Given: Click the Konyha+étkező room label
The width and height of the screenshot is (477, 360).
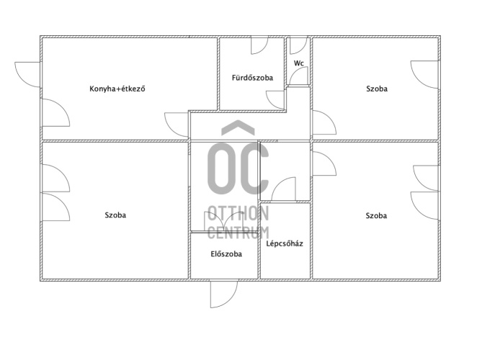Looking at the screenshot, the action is pyautogui.click(x=117, y=89).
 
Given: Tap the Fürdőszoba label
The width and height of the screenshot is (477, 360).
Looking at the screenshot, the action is pyautogui.click(x=252, y=78).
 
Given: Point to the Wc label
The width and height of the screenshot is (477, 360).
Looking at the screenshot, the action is pyautogui.click(x=299, y=63).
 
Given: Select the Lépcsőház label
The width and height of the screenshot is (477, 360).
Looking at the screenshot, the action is pyautogui.click(x=285, y=243).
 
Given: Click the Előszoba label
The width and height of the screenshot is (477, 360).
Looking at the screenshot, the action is pyautogui.click(x=226, y=254).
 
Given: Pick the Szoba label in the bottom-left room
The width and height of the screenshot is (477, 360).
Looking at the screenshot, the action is pyautogui.click(x=115, y=215).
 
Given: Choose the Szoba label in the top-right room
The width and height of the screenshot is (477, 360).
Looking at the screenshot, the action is pyautogui.click(x=377, y=89).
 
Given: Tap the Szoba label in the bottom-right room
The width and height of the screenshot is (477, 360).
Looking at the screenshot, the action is pyautogui.click(x=376, y=216).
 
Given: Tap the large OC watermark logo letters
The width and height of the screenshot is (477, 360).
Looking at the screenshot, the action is pyautogui.click(x=239, y=168).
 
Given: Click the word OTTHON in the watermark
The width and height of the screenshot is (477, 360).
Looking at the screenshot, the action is pyautogui.click(x=239, y=213).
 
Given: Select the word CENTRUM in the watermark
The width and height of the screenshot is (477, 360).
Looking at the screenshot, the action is pyautogui.click(x=239, y=233).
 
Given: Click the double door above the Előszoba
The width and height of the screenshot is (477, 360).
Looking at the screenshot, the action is pyautogui.click(x=223, y=222).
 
